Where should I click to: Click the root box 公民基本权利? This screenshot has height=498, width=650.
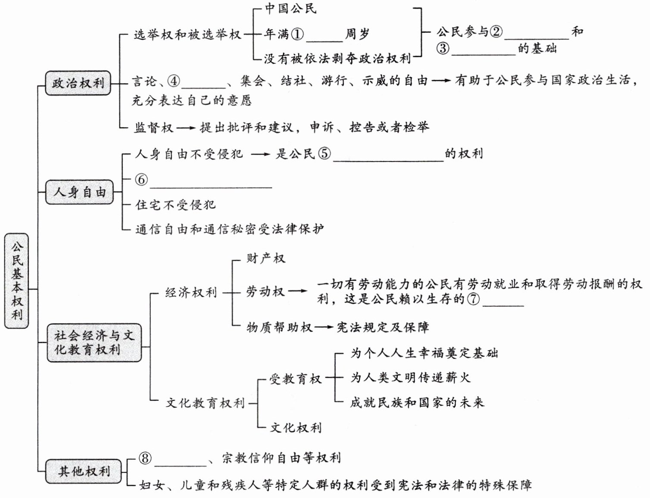pos(17,281)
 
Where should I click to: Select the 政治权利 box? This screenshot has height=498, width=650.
pos(78,83)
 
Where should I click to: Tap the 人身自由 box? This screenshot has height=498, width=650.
pos(79,192)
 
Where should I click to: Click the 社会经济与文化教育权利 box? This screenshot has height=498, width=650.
pos(94,342)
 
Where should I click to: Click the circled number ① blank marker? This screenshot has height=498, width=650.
pos(297,34)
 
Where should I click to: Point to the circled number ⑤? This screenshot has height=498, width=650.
pos(325,153)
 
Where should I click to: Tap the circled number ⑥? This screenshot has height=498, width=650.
pos(141,179)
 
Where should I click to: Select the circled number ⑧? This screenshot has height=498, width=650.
pos(145,458)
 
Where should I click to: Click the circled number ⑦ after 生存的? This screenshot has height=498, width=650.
pos(473,298)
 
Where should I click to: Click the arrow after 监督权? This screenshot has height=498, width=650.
pos(186,128)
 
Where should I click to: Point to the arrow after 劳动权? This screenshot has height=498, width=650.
pos(298,291)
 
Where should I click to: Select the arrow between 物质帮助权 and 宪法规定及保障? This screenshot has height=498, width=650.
pos(324,327)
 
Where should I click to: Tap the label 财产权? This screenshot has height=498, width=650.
pos(266,258)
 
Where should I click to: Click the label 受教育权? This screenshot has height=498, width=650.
pos(295,379)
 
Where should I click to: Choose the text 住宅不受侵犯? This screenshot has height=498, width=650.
pos(175,204)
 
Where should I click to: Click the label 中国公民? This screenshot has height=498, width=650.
pos(291,9)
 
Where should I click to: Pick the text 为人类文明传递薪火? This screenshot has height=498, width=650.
pos(410,378)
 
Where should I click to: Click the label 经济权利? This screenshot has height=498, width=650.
pos(191,293)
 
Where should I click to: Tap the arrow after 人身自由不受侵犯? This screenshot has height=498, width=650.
pos(260,154)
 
